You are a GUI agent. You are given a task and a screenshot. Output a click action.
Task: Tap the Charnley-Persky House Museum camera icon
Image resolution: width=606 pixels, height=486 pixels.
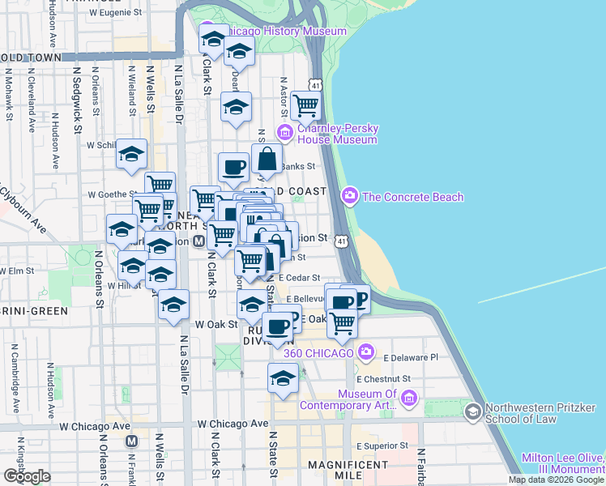[284, 132]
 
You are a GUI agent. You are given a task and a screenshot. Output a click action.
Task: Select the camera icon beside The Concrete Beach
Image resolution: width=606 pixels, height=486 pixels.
[350, 195]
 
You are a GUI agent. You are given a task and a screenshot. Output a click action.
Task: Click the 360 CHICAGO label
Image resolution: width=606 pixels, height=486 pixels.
[318, 353]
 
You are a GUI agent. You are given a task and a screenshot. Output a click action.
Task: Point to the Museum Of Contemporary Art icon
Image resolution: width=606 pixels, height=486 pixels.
[409, 398]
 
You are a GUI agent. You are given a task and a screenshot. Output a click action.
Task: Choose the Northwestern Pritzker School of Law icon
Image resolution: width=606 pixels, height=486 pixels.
[472, 412]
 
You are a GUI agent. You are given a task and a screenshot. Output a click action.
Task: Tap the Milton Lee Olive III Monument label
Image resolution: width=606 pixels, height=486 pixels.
[563, 463]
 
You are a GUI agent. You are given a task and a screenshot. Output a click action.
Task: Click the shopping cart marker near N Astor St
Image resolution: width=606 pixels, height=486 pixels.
[306, 105]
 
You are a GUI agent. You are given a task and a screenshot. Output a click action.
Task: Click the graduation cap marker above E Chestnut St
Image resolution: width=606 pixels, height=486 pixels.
[283, 378]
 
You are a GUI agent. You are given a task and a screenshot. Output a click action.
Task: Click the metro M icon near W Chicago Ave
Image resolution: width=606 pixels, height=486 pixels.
[132, 441]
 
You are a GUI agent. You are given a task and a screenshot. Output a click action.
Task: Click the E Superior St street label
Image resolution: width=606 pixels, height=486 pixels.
[382, 446]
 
